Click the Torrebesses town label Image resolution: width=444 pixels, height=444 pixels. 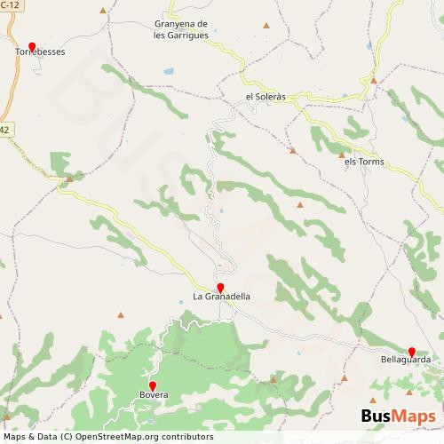tap(40, 52)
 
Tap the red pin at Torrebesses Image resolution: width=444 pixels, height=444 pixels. tap(32, 45)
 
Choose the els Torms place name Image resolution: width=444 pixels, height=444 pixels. tap(361, 162)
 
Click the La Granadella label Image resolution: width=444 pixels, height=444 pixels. tap(221, 296)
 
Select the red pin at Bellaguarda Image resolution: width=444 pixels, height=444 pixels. tap(412, 351)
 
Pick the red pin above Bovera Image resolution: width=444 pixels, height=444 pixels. tap(152, 385)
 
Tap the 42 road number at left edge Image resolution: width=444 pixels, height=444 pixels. tap(4, 130)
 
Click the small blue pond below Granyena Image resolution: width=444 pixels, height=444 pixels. tap(165, 68)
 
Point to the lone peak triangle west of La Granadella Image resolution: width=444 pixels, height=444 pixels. tap(121, 313)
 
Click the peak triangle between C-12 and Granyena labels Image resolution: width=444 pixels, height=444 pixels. tap(105, 11)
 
